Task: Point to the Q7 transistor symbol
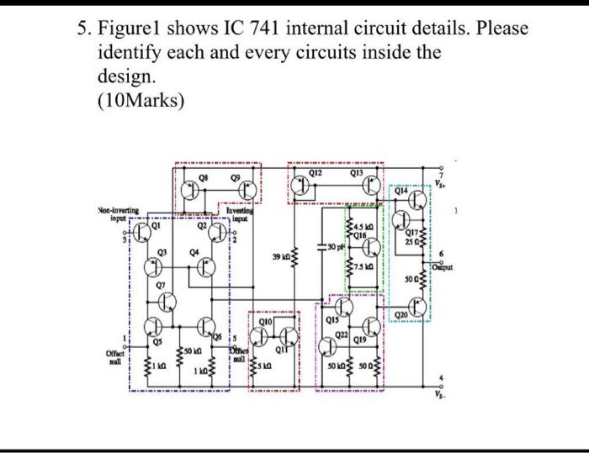point(167,299)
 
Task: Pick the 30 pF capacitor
point(323,247)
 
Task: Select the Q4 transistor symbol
point(204,267)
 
